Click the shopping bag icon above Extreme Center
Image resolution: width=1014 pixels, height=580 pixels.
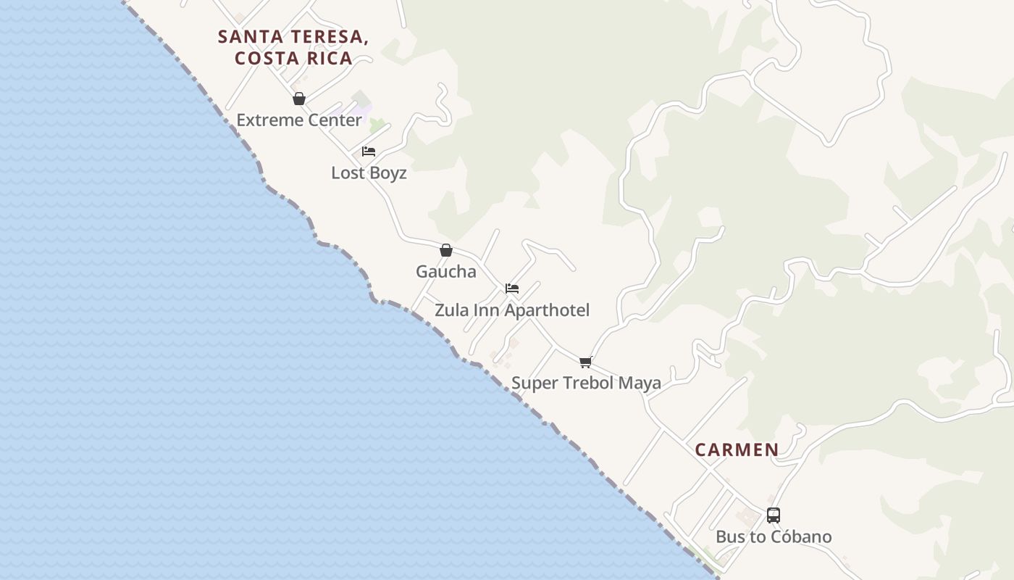tap(299, 99)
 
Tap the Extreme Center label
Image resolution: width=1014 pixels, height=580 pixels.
tap(299, 120)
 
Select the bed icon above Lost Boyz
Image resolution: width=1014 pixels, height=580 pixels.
tap(369, 152)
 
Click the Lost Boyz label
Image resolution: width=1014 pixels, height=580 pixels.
tap(369, 173)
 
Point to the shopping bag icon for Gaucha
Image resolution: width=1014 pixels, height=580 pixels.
tap(446, 250)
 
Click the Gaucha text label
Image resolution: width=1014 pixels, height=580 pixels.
tap(446, 272)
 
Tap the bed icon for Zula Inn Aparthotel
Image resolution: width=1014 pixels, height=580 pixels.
tap(512, 289)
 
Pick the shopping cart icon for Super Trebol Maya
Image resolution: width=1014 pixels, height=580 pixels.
tap(586, 362)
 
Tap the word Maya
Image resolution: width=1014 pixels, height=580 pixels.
tap(640, 384)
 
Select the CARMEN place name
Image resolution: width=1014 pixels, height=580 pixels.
tap(737, 449)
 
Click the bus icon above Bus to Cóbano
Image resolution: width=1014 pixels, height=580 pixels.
tap(774, 515)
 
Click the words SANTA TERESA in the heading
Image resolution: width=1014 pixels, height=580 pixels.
tap(293, 37)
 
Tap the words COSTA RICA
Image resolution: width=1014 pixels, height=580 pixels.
tap(294, 59)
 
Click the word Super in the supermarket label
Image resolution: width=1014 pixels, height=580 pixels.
tap(533, 384)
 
